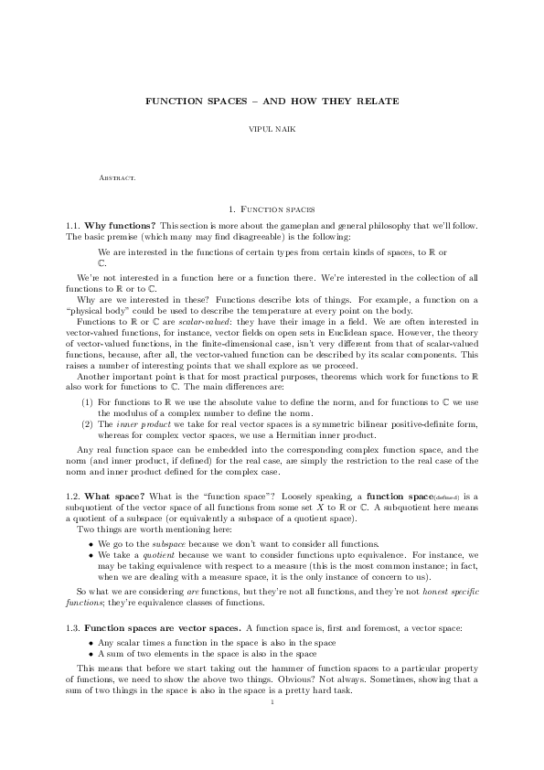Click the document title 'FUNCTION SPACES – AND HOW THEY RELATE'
point(272,99)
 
